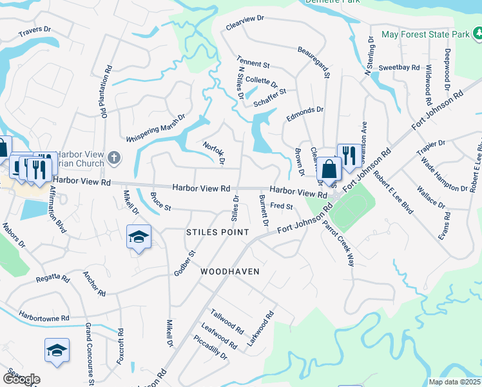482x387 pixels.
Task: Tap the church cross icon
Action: [x=113, y=157]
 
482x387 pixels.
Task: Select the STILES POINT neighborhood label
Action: [x=217, y=232]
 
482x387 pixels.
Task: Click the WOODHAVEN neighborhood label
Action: [x=229, y=272]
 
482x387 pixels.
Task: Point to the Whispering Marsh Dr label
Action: [x=156, y=128]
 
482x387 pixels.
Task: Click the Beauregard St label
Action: [x=314, y=61]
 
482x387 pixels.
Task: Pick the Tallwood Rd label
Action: [x=227, y=321]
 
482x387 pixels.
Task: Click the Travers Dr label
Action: [x=34, y=32]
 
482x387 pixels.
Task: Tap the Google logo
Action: [x=21, y=379]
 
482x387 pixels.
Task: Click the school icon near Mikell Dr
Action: [x=139, y=237]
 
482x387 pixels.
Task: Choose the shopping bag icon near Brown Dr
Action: [x=329, y=170]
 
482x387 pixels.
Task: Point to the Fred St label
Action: [x=282, y=206]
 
